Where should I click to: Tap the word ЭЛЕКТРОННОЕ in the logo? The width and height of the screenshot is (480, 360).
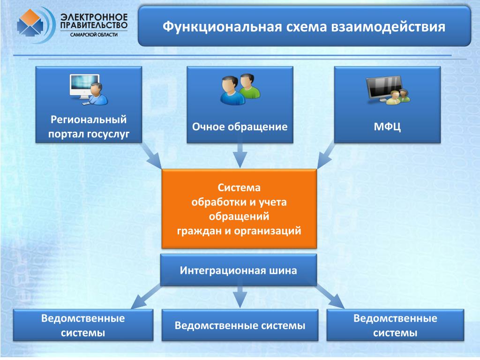tap(94, 17)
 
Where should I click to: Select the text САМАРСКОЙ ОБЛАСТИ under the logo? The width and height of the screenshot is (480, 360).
tap(94, 35)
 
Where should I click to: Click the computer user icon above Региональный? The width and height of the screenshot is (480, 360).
tap(89, 90)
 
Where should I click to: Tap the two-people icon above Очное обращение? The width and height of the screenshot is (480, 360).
tap(240, 89)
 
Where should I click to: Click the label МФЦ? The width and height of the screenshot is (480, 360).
tap(387, 127)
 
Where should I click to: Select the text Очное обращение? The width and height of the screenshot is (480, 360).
tap(240, 127)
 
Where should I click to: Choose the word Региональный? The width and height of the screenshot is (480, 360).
tap(89, 120)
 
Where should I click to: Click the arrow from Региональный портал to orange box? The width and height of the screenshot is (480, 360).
tap(151, 156)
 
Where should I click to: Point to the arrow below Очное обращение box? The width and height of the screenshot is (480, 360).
tap(240, 156)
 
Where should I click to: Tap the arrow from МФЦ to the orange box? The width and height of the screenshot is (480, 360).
tap(326, 156)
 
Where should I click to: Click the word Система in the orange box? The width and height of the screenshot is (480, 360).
tap(239, 187)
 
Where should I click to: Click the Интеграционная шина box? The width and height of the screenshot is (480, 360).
tap(239, 270)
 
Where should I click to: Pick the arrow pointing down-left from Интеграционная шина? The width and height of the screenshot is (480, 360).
tap(145, 296)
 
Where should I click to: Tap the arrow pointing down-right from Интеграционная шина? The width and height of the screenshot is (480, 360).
tap(330, 296)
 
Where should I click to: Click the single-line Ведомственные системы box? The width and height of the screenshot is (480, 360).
tap(240, 325)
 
